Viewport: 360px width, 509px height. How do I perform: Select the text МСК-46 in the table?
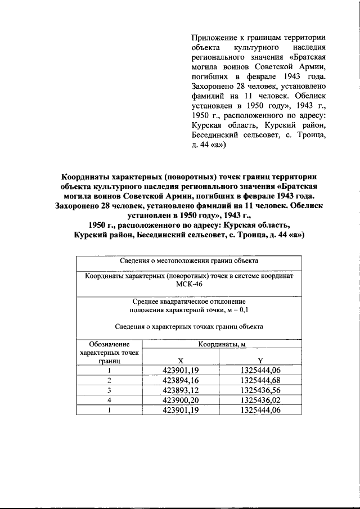click(x=188, y=285)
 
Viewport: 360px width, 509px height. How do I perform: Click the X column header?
click(x=180, y=361)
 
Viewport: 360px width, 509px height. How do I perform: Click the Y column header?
click(x=260, y=361)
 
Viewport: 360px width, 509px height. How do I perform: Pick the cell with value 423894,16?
click(x=181, y=380)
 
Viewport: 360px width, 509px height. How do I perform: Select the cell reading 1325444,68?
click(x=260, y=380)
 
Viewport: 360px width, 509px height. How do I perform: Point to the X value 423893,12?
click(x=181, y=390)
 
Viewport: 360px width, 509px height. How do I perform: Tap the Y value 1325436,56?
click(x=260, y=390)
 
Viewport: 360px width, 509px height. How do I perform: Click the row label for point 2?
click(x=110, y=380)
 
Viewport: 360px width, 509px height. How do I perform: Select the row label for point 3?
click(x=110, y=390)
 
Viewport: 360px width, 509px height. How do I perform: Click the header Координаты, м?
click(x=220, y=344)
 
